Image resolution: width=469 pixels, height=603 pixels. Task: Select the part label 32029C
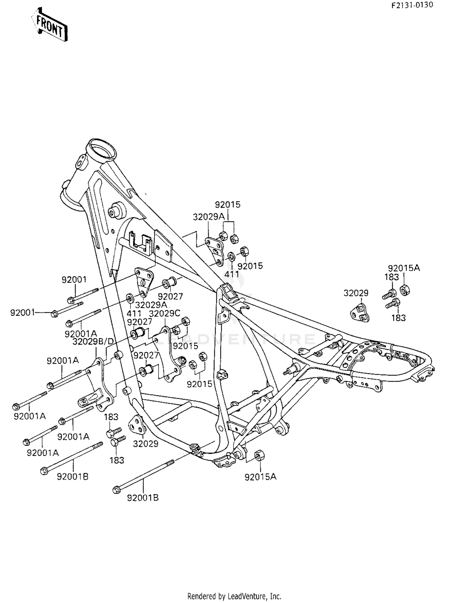click(x=165, y=313)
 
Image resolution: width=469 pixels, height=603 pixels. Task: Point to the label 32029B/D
click(x=93, y=341)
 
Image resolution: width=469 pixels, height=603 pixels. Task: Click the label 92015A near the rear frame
click(x=404, y=268)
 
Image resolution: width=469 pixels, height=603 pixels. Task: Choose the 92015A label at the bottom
click(x=260, y=477)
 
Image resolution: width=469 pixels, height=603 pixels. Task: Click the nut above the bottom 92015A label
click(x=259, y=455)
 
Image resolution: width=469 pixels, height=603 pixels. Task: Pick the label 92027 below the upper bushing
click(x=170, y=296)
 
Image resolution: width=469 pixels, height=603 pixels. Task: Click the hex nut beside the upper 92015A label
click(x=405, y=290)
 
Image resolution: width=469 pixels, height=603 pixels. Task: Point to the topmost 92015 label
click(x=228, y=205)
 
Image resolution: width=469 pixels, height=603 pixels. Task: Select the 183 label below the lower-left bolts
click(x=117, y=460)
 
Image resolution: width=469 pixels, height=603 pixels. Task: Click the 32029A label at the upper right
click(x=209, y=217)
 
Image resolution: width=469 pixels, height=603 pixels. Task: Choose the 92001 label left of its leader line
click(x=22, y=313)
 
